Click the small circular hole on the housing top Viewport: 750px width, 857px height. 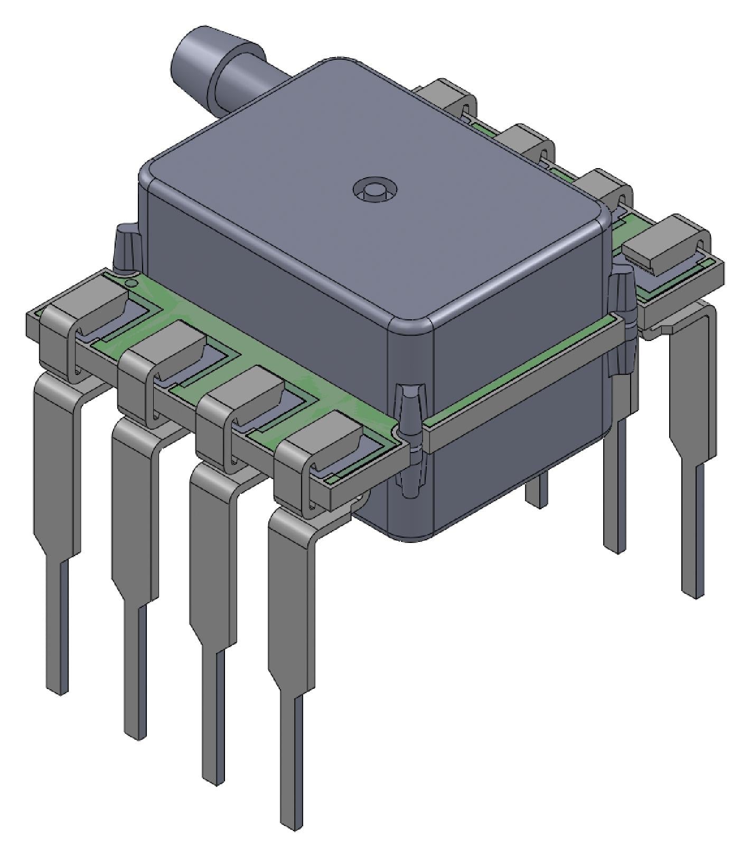click(x=375, y=189)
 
